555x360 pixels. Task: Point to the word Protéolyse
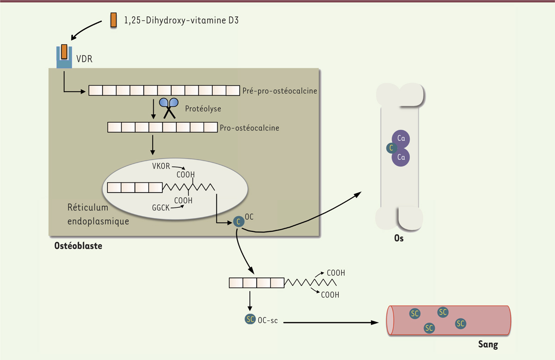coord(203,109)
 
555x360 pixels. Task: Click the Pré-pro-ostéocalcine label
coord(280,91)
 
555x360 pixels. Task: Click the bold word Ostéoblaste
coord(78,246)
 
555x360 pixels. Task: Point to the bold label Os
coord(399,240)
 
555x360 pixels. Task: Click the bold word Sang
coord(488,345)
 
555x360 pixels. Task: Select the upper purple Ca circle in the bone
coord(401,138)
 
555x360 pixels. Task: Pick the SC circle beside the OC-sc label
coord(250,320)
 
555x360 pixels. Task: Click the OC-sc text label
coord(268,321)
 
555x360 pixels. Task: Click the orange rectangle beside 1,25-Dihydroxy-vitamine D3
coord(113,20)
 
